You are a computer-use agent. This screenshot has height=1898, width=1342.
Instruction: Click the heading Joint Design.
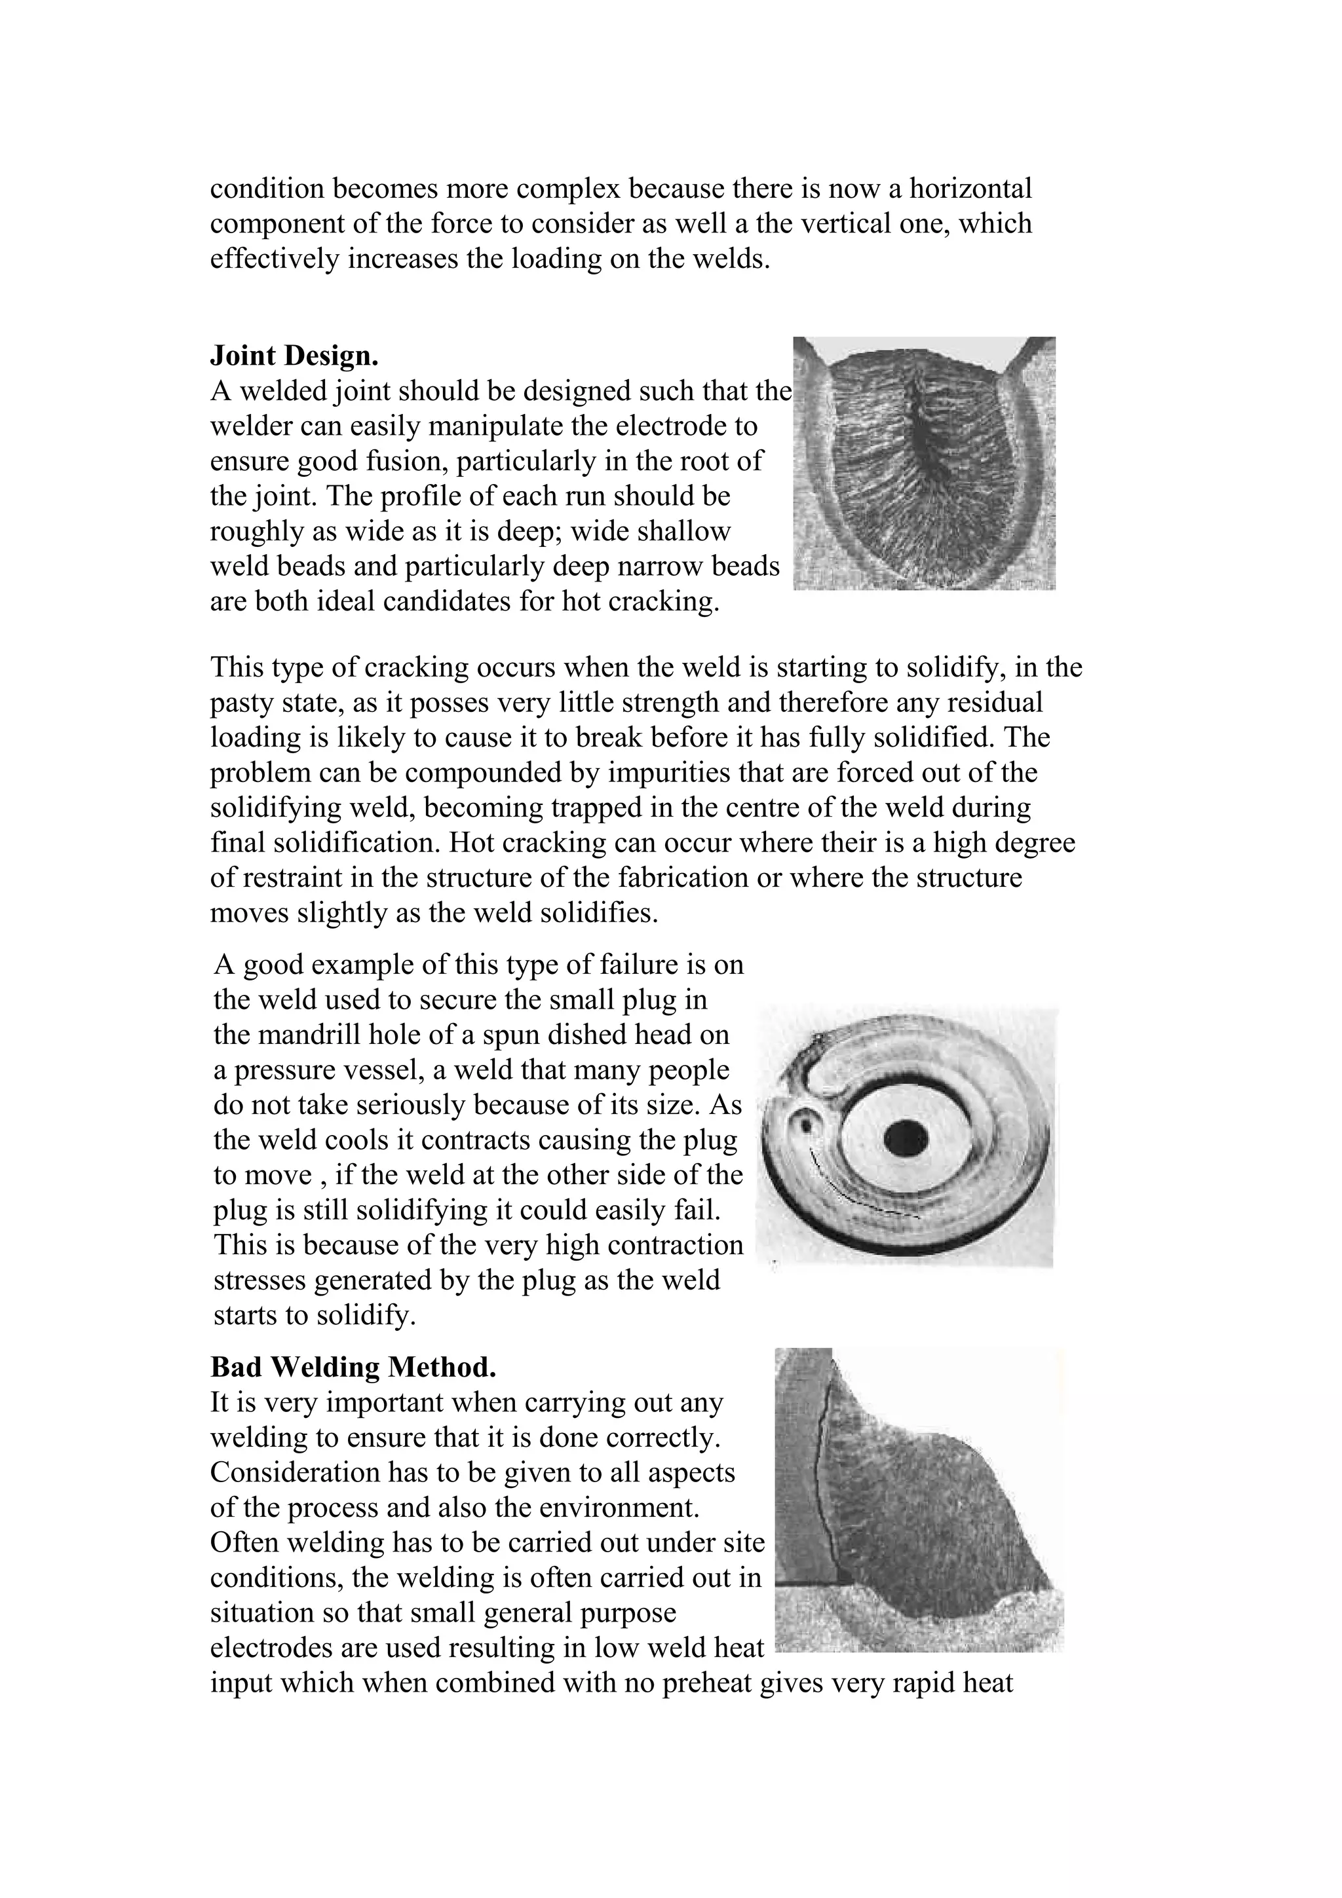(294, 356)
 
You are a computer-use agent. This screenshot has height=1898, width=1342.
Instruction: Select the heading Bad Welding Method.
(353, 1368)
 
